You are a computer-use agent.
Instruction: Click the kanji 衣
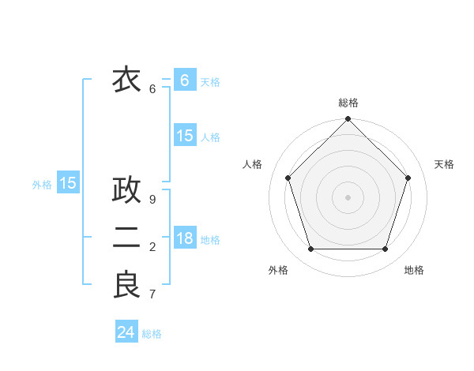tap(126, 80)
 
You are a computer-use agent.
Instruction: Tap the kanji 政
tap(126, 190)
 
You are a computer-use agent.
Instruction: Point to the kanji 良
tap(126, 285)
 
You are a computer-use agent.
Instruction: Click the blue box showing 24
tap(126, 332)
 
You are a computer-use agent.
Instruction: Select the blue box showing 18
tap(185, 238)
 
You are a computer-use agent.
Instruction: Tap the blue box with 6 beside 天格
tap(185, 81)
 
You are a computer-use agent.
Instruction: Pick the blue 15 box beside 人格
tap(185, 136)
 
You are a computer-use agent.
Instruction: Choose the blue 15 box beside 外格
tap(68, 184)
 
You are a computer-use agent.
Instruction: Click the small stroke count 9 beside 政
tap(152, 200)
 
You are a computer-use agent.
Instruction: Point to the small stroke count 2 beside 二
tap(152, 247)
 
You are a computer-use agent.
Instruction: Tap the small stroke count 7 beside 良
tap(152, 294)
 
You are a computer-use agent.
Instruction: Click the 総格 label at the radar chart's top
tap(348, 103)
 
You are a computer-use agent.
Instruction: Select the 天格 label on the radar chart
tap(444, 164)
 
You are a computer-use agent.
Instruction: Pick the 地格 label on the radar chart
tap(414, 270)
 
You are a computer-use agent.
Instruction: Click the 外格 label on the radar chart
tap(278, 270)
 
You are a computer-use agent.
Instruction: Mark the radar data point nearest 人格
tap(288, 178)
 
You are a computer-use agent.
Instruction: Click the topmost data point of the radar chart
tap(348, 119)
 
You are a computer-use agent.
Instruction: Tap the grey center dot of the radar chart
tap(348, 197)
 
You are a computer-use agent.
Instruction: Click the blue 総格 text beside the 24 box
tap(152, 334)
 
